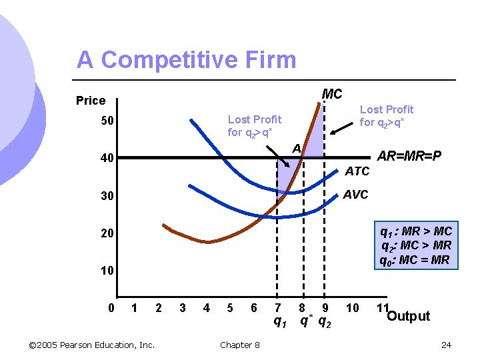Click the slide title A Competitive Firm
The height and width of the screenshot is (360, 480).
point(186,60)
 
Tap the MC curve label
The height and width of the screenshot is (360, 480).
point(332,94)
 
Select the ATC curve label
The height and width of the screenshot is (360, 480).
point(357,171)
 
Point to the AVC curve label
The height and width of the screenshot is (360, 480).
point(355,195)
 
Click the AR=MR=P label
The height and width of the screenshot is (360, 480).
point(409,156)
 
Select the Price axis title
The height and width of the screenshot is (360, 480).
point(91,101)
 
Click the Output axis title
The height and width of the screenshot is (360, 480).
point(408,316)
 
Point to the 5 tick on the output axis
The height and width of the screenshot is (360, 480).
point(230,308)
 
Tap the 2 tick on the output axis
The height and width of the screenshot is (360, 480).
point(158,308)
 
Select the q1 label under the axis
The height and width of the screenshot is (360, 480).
point(280,322)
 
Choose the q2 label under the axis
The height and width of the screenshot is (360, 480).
point(325,322)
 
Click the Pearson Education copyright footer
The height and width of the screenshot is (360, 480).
point(93,345)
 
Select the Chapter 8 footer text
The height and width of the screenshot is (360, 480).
point(240,345)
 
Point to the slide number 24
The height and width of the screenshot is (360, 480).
point(447,345)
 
